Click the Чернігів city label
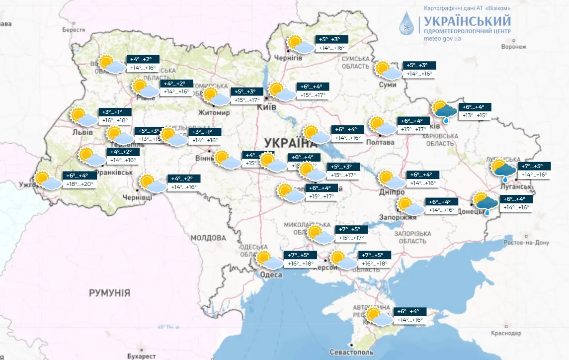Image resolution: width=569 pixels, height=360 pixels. pos(289,58)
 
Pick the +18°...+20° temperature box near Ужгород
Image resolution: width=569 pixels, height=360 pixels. pos(79,184)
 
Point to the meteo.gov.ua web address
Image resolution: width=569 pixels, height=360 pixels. pos(442,38)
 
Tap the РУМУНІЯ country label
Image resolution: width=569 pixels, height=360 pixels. pos(109,293)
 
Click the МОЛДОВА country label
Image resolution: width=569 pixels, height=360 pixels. pos(208,238)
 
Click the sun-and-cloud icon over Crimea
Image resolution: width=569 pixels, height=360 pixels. pos(378,317)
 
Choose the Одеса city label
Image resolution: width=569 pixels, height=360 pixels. pos(271,275)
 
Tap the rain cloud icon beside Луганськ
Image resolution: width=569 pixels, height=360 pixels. pos(503,170)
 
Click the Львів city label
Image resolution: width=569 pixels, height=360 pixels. pos(82,133)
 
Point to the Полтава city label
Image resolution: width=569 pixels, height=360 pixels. pos(380,143)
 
